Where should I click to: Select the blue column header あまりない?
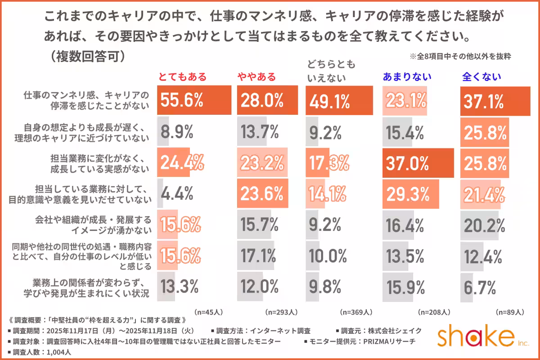click(x=407, y=77)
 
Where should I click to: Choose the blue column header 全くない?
click(x=481, y=77)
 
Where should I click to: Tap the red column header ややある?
click(x=256, y=77)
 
